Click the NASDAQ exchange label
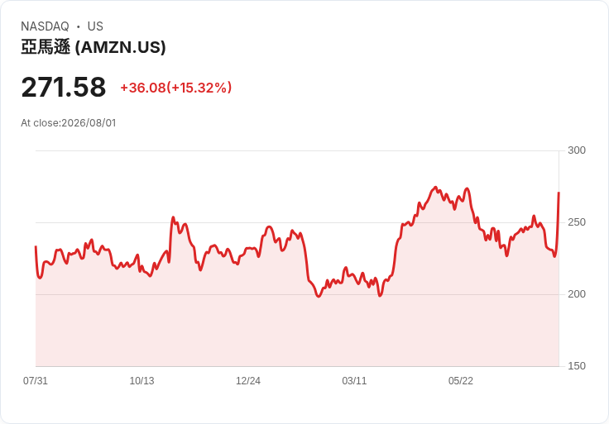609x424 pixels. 45,26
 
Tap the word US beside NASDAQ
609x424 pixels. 95,26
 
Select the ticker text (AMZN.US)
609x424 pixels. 121,47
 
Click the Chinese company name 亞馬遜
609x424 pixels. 46,47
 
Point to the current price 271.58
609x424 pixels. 64,87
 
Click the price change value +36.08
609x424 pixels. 143,88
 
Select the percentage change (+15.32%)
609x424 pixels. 199,88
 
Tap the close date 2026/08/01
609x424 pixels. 89,123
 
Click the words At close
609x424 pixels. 41,123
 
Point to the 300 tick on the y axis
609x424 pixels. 577,150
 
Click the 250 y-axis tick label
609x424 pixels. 577,222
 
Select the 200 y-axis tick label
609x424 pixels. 577,294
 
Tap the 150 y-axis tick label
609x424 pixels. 577,366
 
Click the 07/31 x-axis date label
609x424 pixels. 36,381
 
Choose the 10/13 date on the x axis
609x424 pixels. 141,381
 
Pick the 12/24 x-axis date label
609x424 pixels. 248,381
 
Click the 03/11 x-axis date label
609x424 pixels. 354,381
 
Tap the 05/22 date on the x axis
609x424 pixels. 461,381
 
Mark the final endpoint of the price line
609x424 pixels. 559,192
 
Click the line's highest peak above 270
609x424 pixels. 435,187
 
